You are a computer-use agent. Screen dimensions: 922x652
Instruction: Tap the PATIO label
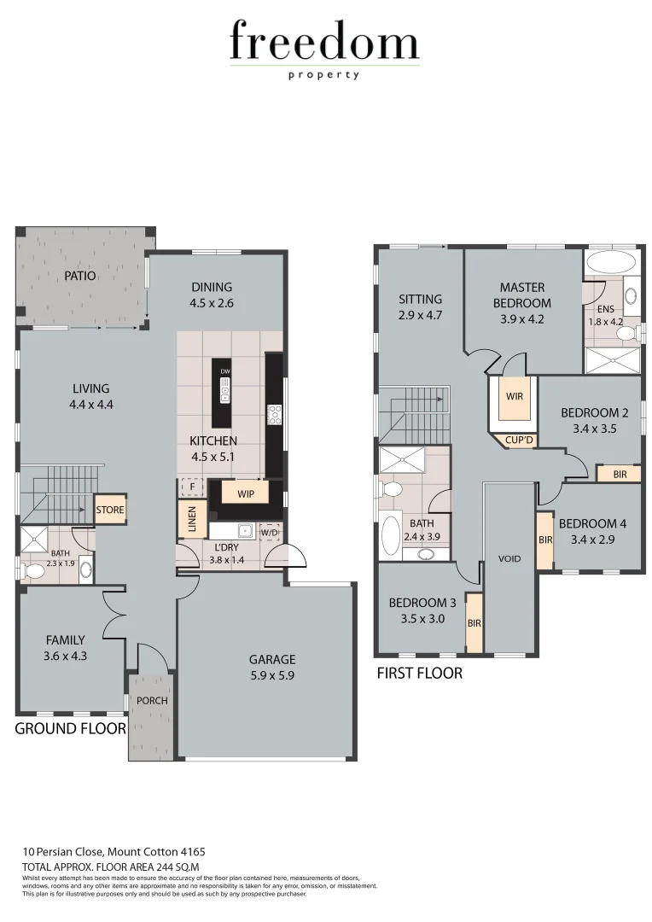pos(79,276)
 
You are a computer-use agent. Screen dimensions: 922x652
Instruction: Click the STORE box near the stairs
pos(110,510)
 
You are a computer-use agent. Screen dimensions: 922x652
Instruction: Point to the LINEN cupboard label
pos(190,521)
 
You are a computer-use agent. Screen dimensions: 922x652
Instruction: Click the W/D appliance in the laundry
pos(269,533)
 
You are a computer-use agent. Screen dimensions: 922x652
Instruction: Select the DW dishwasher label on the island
pos(225,372)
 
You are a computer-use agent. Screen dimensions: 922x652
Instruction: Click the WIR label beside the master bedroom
pos(515,396)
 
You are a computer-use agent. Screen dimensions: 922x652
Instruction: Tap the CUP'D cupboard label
pos(519,441)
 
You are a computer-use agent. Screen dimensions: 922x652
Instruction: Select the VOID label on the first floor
pos(509,559)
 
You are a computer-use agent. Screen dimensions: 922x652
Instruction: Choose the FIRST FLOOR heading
pos(419,674)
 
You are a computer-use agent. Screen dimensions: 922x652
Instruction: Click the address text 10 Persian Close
pos(114,852)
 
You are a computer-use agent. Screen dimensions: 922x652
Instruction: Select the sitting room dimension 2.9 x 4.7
pos(420,314)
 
